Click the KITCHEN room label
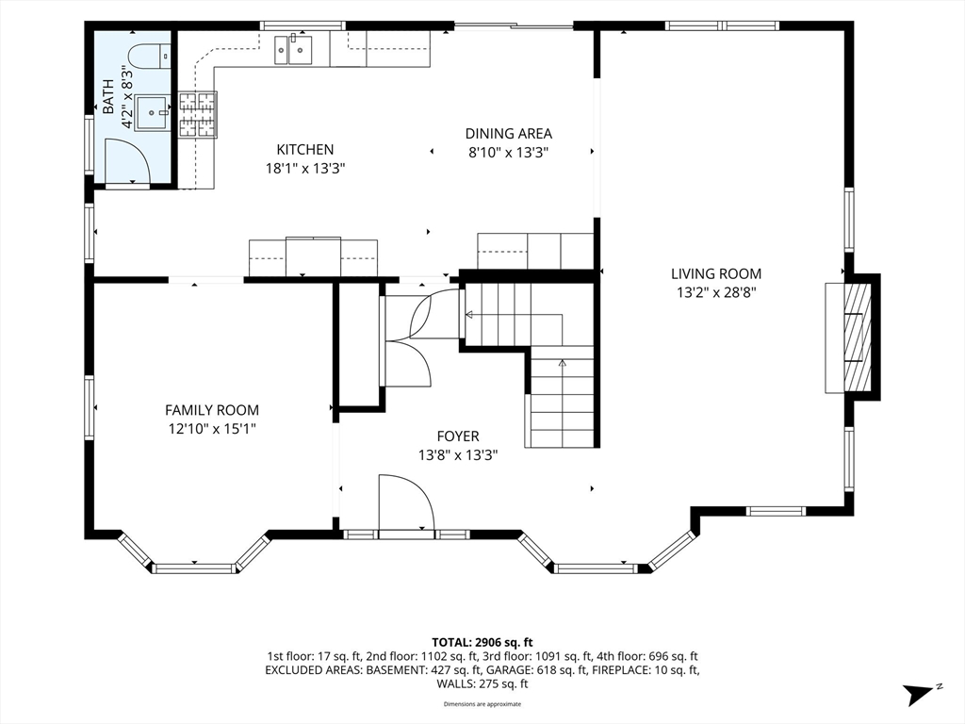click(304, 150)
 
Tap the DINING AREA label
click(508, 134)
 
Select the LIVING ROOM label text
click(716, 274)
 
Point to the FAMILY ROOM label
click(212, 410)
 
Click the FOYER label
click(458, 436)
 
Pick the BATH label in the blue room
click(108, 97)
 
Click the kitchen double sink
click(293, 49)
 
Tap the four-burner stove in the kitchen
click(198, 114)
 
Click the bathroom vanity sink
click(152, 113)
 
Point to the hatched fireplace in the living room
click(858, 337)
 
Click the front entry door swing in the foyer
click(406, 502)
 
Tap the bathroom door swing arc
click(127, 161)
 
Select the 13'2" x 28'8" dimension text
click(716, 293)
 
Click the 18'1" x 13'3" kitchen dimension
click(304, 169)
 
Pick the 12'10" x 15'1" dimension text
click(212, 429)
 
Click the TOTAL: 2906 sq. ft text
click(482, 643)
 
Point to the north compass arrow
click(918, 695)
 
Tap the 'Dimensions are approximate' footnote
click(482, 704)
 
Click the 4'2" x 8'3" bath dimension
click(128, 97)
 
